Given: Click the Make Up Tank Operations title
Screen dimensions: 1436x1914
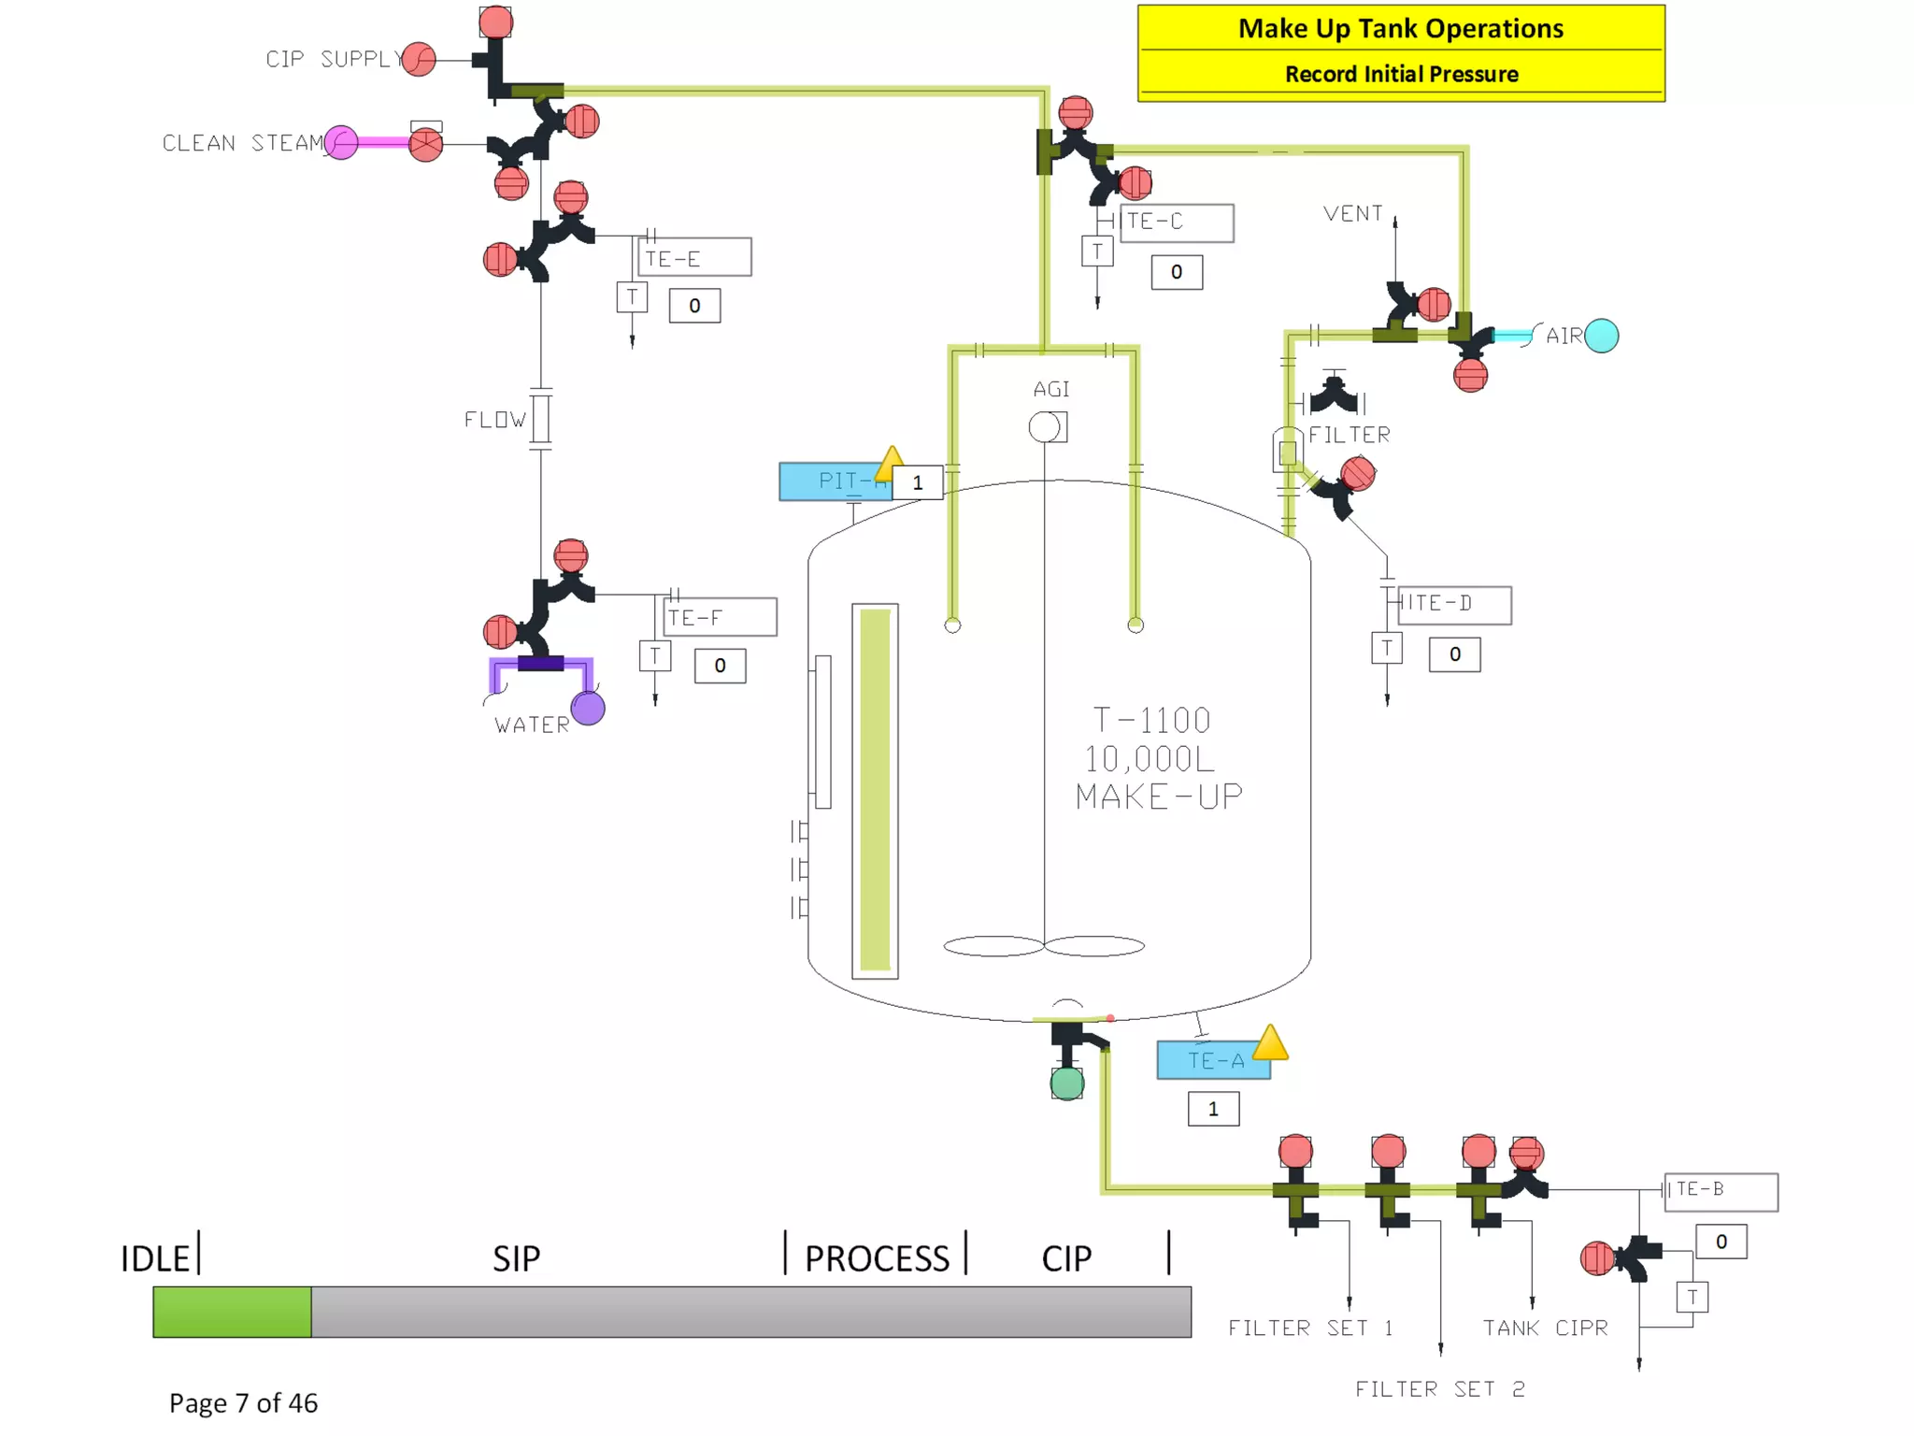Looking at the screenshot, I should click(1400, 29).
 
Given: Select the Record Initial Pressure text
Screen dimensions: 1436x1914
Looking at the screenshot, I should click(1400, 74).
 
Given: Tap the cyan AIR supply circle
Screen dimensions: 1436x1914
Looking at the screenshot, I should click(1601, 336).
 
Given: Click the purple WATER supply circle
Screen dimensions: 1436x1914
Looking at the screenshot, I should click(588, 708).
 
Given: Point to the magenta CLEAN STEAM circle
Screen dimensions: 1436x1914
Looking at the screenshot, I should click(341, 143).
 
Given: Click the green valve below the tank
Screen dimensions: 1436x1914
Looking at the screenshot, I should click(1066, 1083).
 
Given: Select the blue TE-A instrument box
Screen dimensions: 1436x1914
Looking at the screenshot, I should click(1212, 1060).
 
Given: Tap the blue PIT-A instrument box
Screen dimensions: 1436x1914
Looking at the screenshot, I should click(834, 481).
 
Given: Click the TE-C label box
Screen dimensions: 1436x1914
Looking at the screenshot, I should click(1177, 223).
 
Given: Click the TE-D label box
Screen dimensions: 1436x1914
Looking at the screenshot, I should click(1454, 604).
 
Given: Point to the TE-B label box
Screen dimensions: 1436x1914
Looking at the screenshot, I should click(1721, 1191).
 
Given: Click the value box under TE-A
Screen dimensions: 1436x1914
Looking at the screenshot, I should click(1213, 1109).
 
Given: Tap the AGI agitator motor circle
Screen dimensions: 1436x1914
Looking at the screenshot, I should click(1044, 427).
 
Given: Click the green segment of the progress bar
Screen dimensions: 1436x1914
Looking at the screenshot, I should click(232, 1311).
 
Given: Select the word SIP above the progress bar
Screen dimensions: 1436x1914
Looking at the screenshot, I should click(516, 1258).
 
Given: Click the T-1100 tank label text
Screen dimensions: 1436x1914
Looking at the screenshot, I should click(1152, 721).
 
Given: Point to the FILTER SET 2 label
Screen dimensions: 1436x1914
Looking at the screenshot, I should click(1439, 1389).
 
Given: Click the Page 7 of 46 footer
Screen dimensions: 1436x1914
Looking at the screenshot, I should click(243, 1402).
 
